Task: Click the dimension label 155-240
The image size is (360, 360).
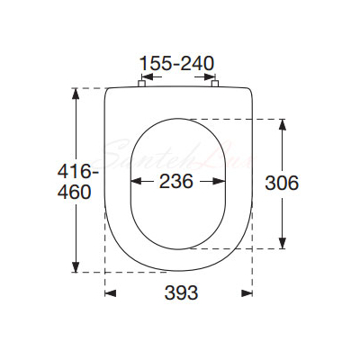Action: click(x=177, y=63)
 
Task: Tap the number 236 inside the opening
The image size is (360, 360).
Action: click(x=176, y=182)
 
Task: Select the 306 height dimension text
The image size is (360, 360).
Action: click(x=282, y=183)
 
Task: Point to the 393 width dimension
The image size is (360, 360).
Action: click(x=181, y=292)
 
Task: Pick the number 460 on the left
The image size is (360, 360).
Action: click(x=74, y=193)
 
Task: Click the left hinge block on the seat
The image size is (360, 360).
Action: click(x=141, y=83)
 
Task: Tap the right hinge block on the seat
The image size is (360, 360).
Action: click(x=215, y=83)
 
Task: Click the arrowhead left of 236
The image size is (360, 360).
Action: click(x=137, y=181)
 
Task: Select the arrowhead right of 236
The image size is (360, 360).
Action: click(x=220, y=181)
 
